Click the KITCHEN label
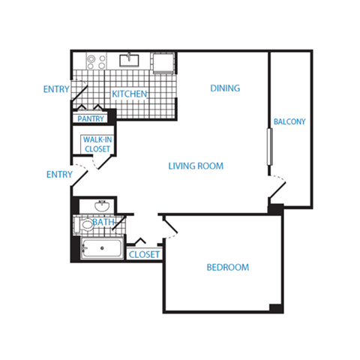point(129,94)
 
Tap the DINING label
point(225,88)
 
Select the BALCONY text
point(289,121)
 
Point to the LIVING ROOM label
point(196,166)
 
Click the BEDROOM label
point(227,268)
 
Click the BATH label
point(103,222)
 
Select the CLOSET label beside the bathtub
point(144,255)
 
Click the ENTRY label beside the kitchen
point(57,89)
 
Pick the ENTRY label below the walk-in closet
point(59,175)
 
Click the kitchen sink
point(130,59)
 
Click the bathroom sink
point(102,205)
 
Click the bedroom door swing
point(171,228)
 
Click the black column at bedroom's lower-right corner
point(275,307)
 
